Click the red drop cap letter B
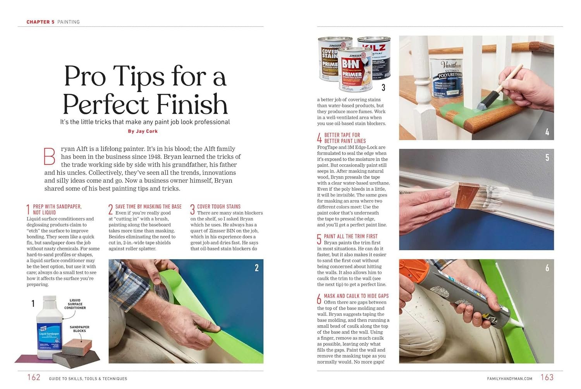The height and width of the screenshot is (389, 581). pyautogui.click(x=49, y=156)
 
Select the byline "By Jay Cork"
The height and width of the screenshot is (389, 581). pyautogui.click(x=143, y=131)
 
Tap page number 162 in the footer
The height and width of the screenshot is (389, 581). pyautogui.click(x=34, y=377)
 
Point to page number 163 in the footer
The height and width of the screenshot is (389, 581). pyautogui.click(x=547, y=377)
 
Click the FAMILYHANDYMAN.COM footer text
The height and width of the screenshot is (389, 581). pyautogui.click(x=510, y=379)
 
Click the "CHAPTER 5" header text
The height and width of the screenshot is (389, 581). pyautogui.click(x=40, y=22)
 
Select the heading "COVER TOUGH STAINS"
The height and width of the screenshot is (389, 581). pyautogui.click(x=219, y=207)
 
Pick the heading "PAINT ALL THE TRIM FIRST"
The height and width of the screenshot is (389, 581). pyautogui.click(x=351, y=236)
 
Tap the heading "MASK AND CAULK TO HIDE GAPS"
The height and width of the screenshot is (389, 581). pyautogui.click(x=356, y=296)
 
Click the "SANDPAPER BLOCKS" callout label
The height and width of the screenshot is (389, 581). pyautogui.click(x=79, y=329)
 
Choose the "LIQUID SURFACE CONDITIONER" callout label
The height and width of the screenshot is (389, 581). pyautogui.click(x=75, y=304)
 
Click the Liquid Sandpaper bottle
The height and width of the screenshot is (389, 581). pyautogui.click(x=49, y=327)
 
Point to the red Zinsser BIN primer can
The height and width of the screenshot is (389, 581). pyautogui.click(x=355, y=70)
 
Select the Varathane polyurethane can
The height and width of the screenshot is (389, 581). pyautogui.click(x=446, y=78)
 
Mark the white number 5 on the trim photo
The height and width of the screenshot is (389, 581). pyautogui.click(x=547, y=158)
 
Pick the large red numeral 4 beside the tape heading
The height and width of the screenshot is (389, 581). pyautogui.click(x=320, y=138)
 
